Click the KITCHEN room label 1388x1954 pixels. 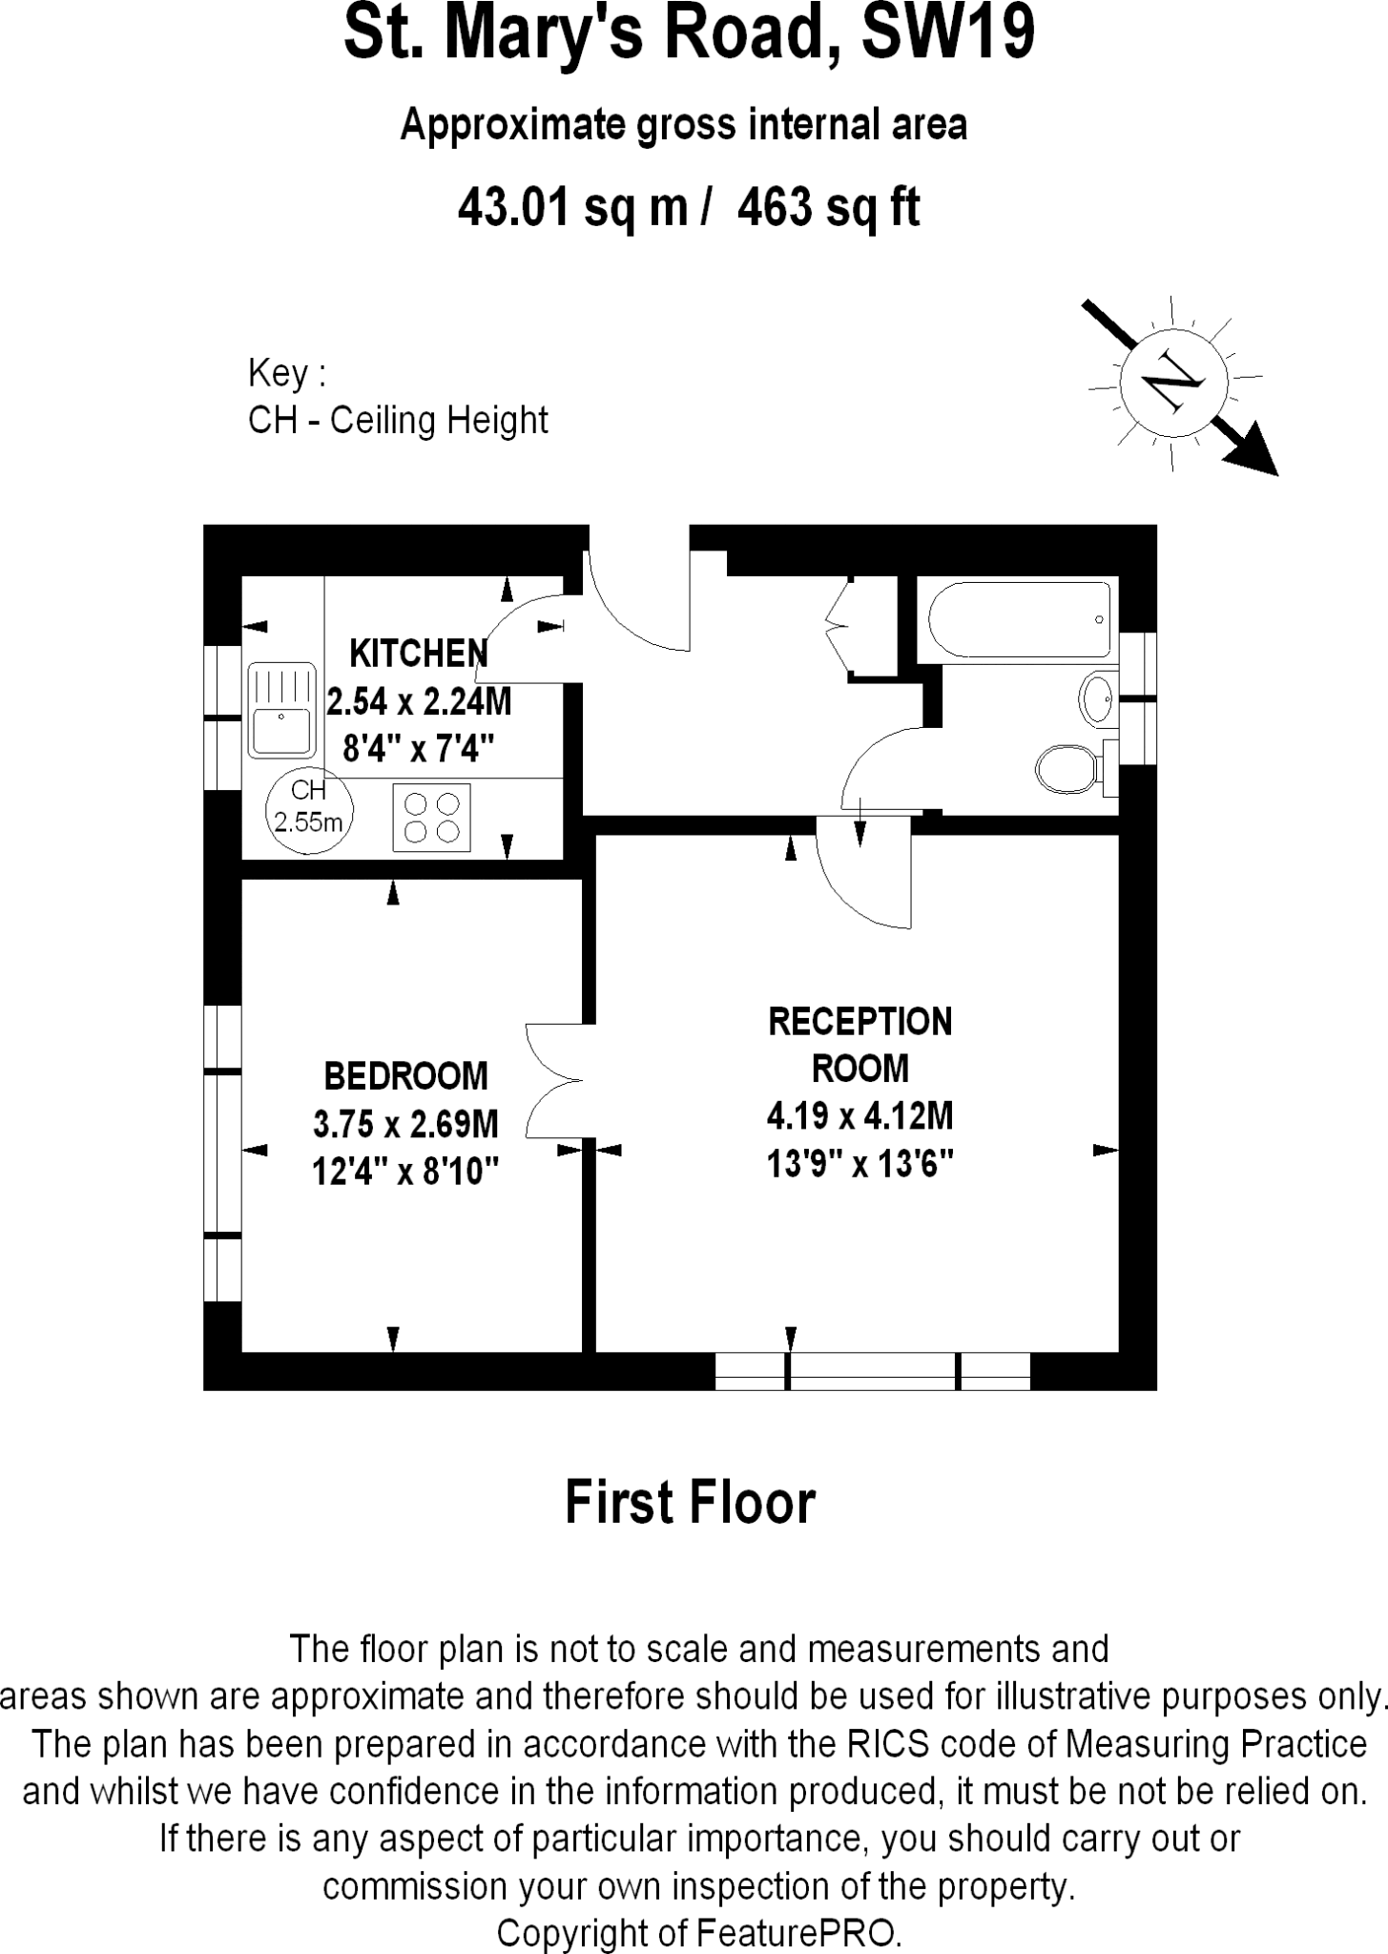[418, 654]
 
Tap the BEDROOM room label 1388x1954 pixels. [405, 1076]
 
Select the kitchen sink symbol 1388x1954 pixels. [281, 708]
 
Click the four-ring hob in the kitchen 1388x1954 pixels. [431, 817]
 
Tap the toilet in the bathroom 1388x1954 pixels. [1067, 769]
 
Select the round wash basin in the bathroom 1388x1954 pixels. [1097, 698]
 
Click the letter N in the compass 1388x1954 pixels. [1171, 385]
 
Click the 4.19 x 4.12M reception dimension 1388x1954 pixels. [860, 1115]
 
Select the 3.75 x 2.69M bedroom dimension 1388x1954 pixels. [405, 1124]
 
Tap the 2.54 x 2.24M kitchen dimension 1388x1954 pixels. [419, 702]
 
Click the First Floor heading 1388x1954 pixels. [690, 1503]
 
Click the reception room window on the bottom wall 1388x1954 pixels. [872, 1371]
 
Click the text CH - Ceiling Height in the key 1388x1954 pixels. [398, 421]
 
